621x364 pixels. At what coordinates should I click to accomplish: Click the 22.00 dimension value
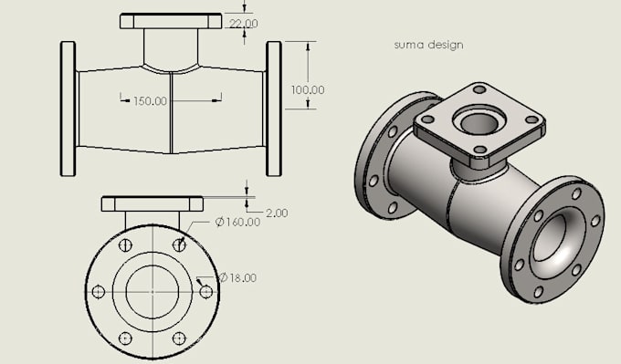(244, 24)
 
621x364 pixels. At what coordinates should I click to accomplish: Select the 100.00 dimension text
(308, 89)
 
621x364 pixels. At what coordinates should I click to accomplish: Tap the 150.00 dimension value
(150, 101)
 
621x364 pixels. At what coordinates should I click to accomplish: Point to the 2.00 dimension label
(277, 213)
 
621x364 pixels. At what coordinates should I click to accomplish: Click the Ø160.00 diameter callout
(237, 222)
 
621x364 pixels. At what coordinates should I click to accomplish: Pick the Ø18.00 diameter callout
(238, 277)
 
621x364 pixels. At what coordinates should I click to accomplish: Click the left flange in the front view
(68, 109)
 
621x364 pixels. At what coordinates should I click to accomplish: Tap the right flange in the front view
(274, 109)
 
